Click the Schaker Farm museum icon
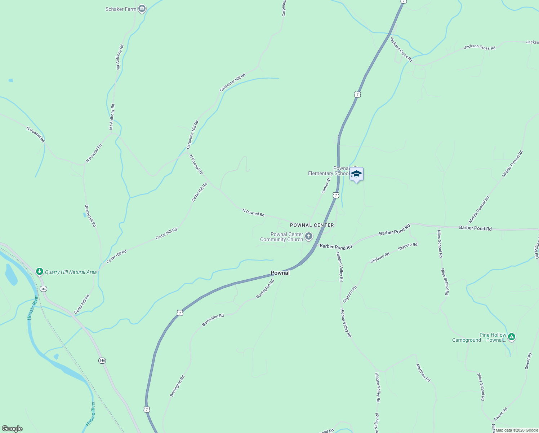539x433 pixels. [142, 9]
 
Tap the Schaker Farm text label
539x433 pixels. [121, 9]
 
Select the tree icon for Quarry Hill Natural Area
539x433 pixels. [40, 272]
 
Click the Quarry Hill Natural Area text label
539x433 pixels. [71, 272]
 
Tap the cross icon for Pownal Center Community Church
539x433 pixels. [308, 237]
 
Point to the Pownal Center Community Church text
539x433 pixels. [282, 237]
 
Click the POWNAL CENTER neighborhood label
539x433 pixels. [312, 225]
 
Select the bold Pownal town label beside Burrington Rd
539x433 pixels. [280, 273]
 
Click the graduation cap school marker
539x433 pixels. [356, 174]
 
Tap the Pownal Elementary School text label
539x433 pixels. [329, 171]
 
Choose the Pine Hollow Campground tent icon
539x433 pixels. [511, 337]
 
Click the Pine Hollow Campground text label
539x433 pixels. [480, 338]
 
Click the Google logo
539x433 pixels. [12, 429]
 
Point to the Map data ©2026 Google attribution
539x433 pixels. [517, 430]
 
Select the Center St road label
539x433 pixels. [326, 185]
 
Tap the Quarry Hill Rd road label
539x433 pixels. [90, 216]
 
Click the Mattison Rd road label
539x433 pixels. [423, 373]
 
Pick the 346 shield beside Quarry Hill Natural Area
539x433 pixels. [44, 289]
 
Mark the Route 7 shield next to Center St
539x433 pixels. [336, 195]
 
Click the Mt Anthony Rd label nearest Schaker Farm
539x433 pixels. [120, 57]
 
